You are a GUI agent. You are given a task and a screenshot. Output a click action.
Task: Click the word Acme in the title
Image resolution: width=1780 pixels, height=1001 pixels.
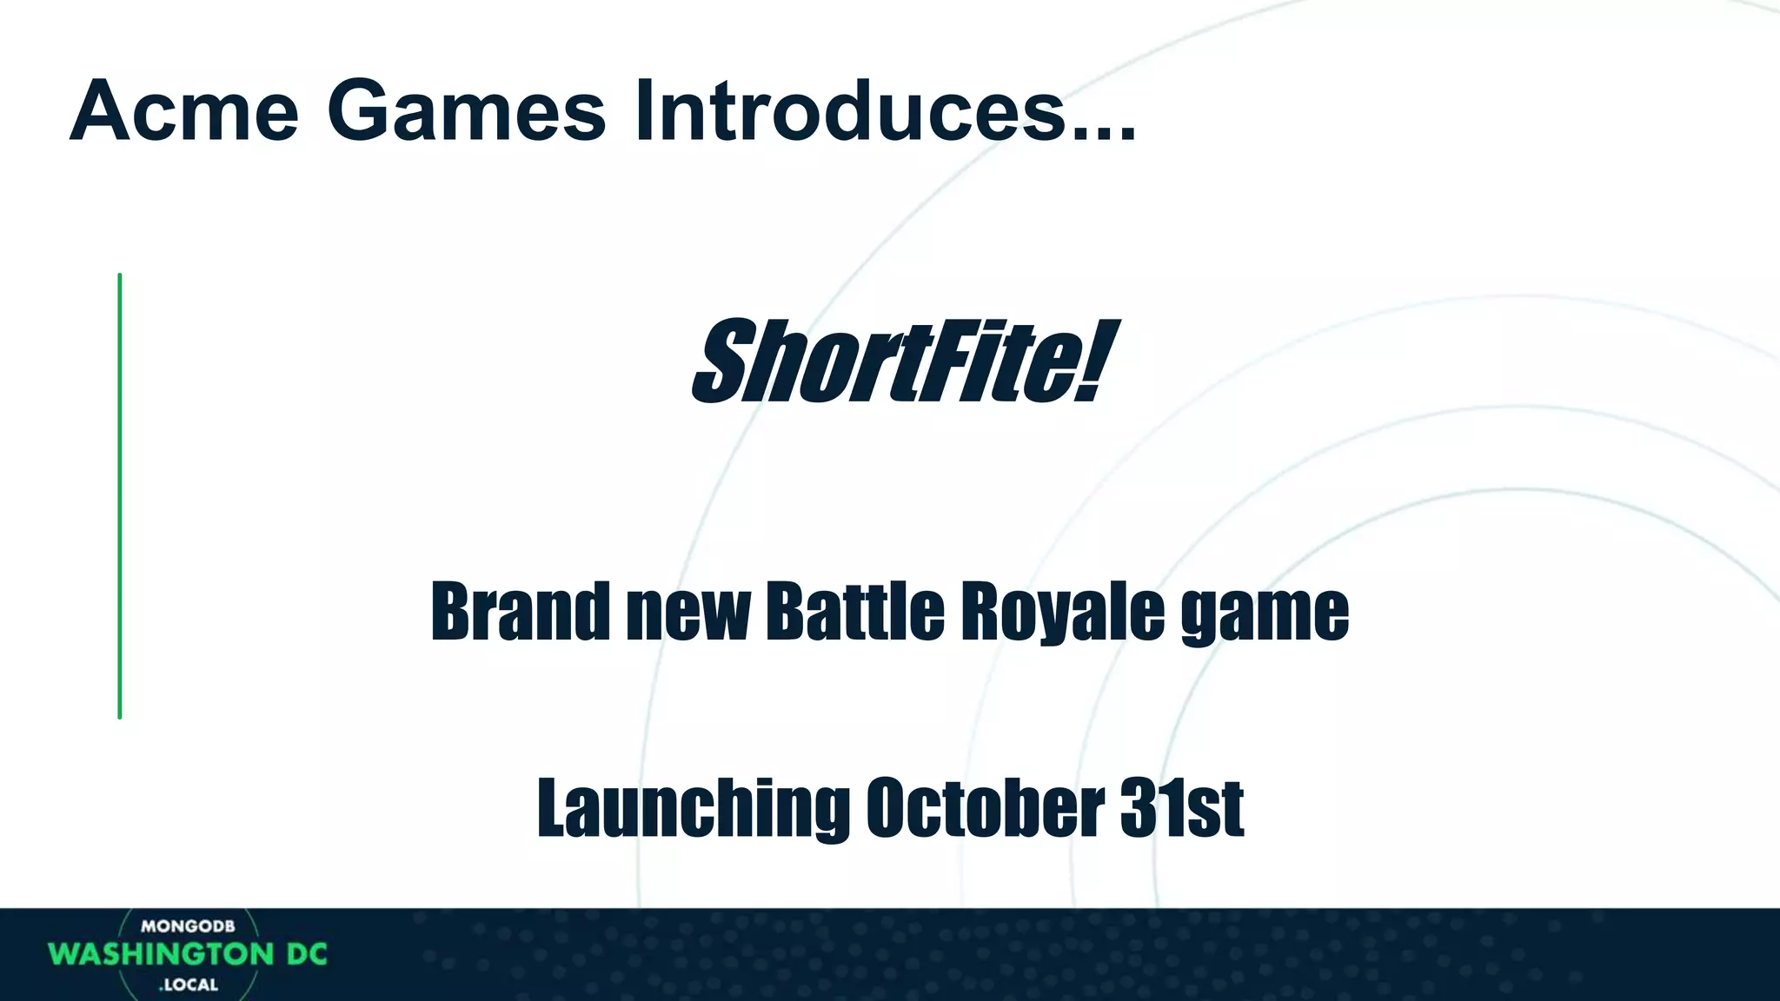(184, 111)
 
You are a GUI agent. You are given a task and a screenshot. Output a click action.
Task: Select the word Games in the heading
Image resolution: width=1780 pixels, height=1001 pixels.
(466, 111)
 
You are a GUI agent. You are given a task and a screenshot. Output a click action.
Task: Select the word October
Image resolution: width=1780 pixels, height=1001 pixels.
(983, 807)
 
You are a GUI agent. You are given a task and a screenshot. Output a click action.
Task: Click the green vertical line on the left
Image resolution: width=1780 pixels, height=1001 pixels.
(120, 495)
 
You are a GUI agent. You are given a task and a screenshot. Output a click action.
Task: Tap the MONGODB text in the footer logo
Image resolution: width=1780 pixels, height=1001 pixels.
(188, 927)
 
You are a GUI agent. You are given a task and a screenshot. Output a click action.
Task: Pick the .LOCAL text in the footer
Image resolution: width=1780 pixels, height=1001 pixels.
(189, 985)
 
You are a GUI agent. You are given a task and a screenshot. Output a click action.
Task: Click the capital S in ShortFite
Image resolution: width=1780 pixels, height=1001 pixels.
(727, 361)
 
